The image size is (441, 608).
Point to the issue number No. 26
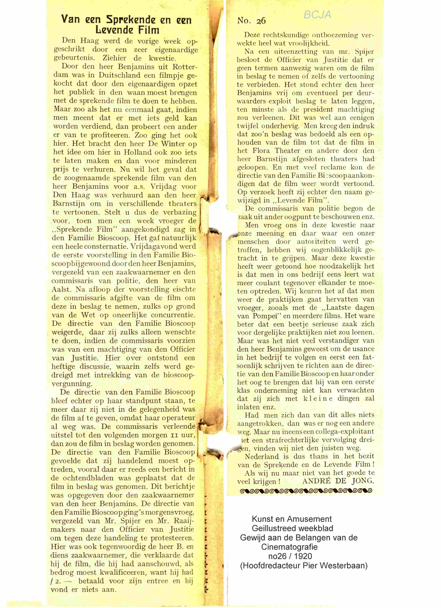tap(251, 21)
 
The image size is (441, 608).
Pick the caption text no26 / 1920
tap(290, 556)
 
